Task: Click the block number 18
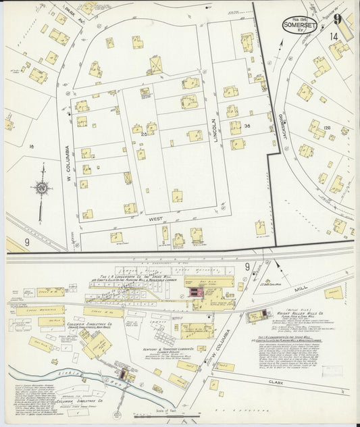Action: click(x=31, y=145)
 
